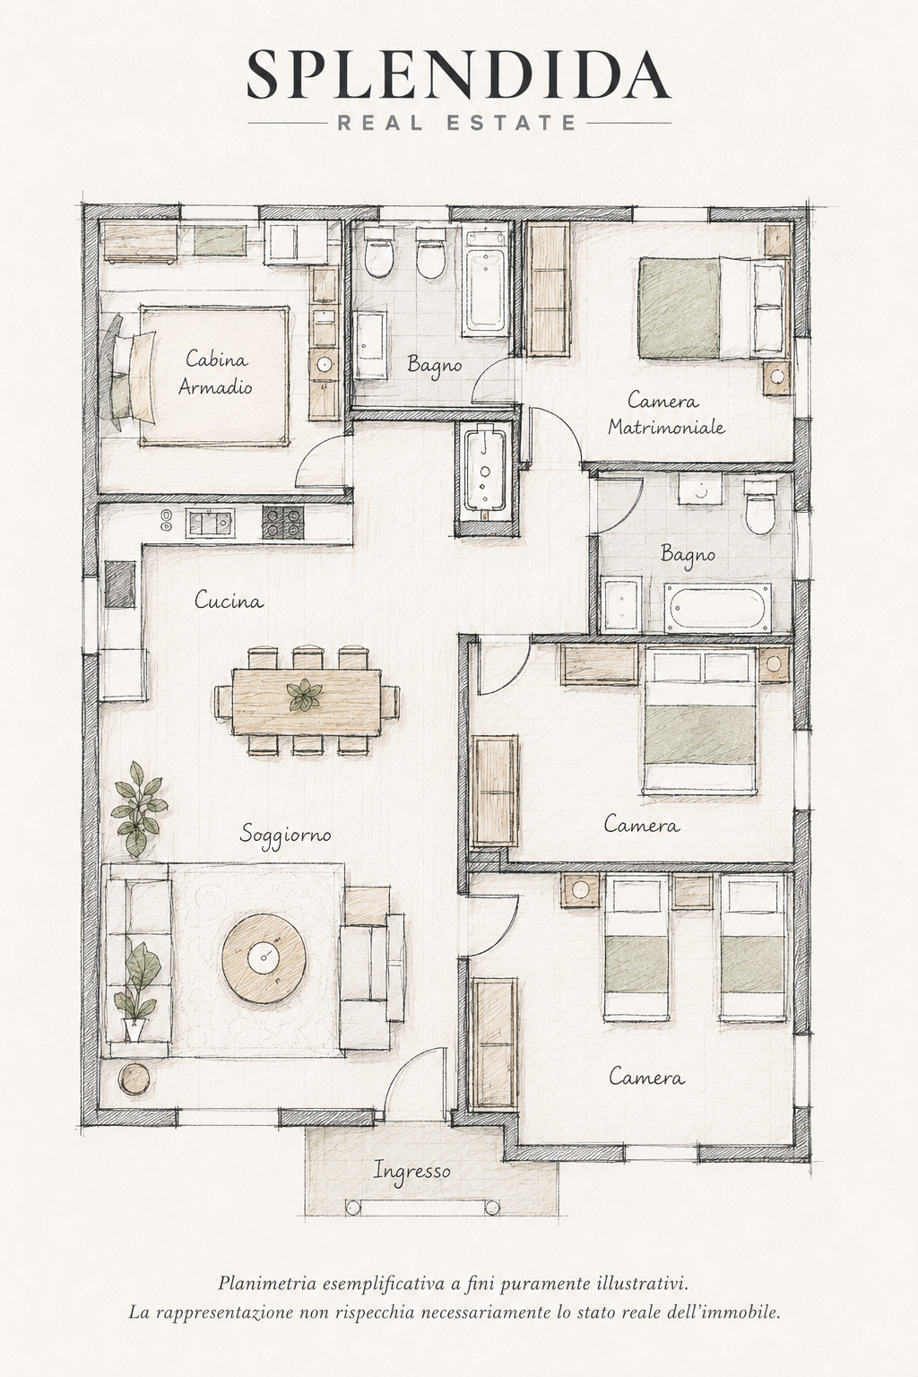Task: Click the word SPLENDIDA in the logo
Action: point(459,75)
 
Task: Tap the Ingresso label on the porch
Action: point(412,1172)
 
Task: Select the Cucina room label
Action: point(229,600)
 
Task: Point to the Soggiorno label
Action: point(285,835)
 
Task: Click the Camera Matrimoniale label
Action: point(666,413)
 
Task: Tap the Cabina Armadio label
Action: point(216,373)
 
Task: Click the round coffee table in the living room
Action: point(265,954)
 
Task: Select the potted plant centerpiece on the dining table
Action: point(304,696)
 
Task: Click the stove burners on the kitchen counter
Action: point(282,523)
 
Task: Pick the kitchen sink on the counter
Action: point(209,524)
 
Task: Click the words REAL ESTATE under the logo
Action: point(456,122)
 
